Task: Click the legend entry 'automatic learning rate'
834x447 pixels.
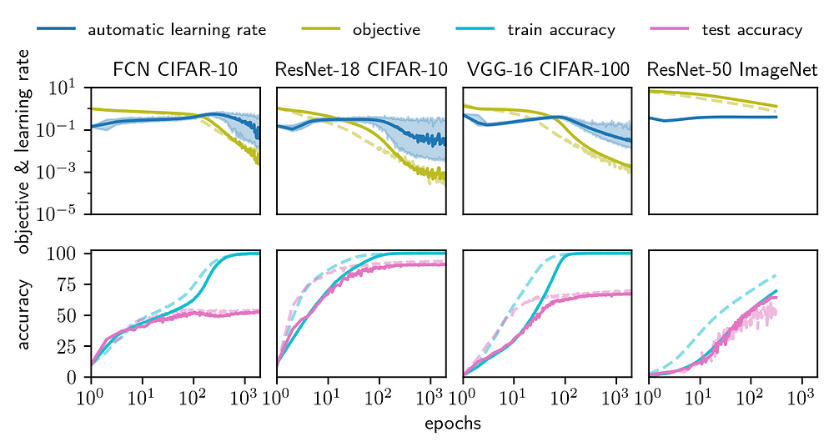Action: click(x=176, y=30)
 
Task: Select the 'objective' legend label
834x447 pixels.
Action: click(x=386, y=30)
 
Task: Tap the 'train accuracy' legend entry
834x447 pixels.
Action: click(x=560, y=30)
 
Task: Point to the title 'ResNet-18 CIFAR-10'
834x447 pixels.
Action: click(x=360, y=68)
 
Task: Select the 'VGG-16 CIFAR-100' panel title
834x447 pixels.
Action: click(x=547, y=68)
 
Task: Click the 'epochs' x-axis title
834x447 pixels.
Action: click(x=453, y=424)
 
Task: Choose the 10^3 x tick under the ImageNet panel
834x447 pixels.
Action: click(x=802, y=393)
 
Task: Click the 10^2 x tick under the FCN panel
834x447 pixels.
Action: click(x=193, y=393)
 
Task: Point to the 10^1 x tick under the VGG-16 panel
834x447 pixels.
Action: click(x=514, y=393)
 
